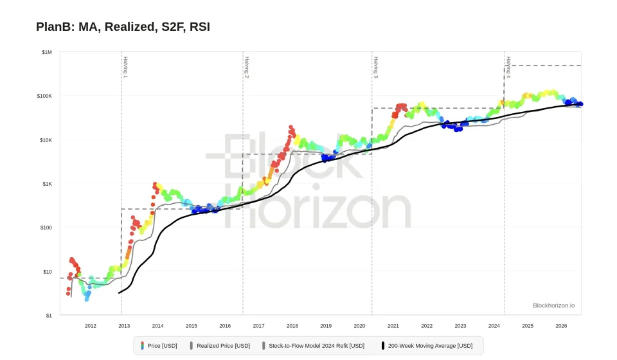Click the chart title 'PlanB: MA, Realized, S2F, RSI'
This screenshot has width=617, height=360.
pos(123,27)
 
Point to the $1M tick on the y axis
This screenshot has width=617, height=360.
pos(46,52)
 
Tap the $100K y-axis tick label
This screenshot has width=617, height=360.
pos(44,96)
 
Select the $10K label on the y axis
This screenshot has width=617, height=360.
pos(46,140)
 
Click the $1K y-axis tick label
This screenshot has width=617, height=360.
pos(47,184)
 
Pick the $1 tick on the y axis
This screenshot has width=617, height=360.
pos(49,316)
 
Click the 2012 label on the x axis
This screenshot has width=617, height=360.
pos(91,326)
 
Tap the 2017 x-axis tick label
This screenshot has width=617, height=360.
pos(258,326)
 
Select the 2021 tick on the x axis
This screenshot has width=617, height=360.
pos(393,326)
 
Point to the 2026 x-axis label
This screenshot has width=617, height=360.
pos(561,326)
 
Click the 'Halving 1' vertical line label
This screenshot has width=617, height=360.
pos(125,67)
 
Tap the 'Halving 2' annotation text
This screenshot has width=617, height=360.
pos(247,67)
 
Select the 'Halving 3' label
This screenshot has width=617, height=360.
pos(376,67)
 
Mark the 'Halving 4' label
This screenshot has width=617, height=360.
pos(508,67)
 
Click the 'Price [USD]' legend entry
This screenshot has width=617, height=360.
pos(159,346)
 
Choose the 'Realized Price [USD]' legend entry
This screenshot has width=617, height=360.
pos(220,346)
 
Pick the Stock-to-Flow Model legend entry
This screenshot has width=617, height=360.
pos(313,346)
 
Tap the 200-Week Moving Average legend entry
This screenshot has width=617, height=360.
pos(427,346)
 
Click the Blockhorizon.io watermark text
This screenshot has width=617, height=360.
pos(553,305)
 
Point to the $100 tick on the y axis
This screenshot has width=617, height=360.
pos(46,228)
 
